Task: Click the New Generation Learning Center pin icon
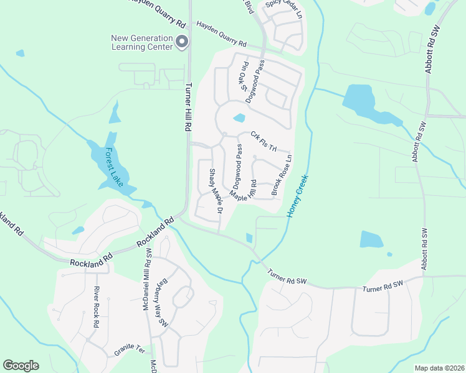[x=182, y=42]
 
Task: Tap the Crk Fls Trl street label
[x=263, y=140]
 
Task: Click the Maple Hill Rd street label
[x=244, y=190]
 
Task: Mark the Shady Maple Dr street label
[x=216, y=191]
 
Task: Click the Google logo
[x=21, y=366]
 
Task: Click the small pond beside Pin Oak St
[x=239, y=118]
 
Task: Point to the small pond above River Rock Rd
[x=78, y=231]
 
